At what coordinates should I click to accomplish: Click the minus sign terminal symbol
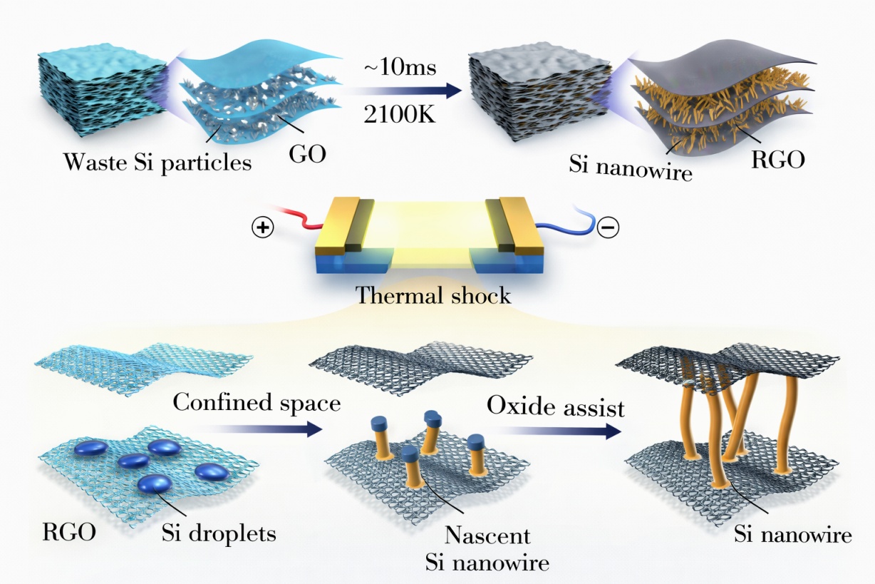point(609,228)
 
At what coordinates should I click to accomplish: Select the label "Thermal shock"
point(434,294)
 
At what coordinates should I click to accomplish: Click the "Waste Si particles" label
point(157,163)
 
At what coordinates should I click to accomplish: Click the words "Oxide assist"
point(556,406)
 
